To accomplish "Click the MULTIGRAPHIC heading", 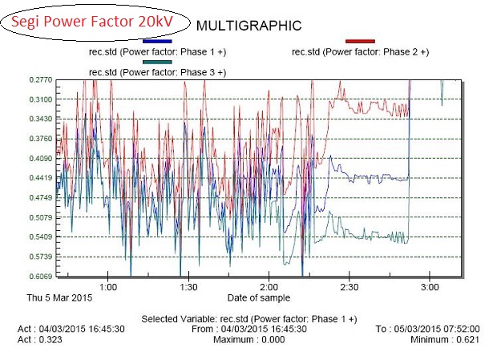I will pos(248,26).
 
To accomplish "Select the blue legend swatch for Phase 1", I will pos(157,41).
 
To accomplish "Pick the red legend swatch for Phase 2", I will pos(360,41).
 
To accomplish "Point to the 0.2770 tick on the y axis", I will pos(41,80).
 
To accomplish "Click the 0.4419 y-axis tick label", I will pos(41,178).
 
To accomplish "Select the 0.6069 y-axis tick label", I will pos(41,277).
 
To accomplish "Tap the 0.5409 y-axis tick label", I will pos(41,237).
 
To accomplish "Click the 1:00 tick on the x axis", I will pos(108,286).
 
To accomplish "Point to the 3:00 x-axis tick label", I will pos(430,286).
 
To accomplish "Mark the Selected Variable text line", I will pos(248,319).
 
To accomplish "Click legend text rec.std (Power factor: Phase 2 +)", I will pos(360,52).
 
